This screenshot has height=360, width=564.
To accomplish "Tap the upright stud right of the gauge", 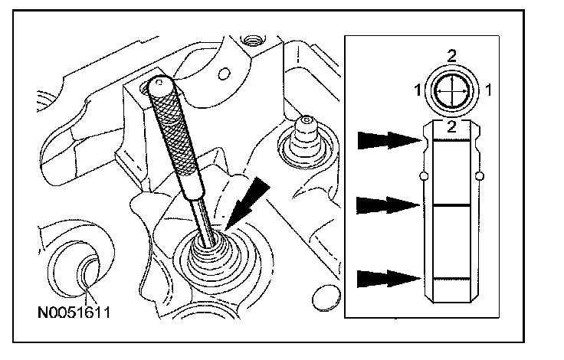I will [x=307, y=138].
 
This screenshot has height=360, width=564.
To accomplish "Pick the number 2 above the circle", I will [x=453, y=54].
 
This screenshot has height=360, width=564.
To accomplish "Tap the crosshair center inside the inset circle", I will [x=453, y=90].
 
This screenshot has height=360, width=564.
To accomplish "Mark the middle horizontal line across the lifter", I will [x=452, y=205].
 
